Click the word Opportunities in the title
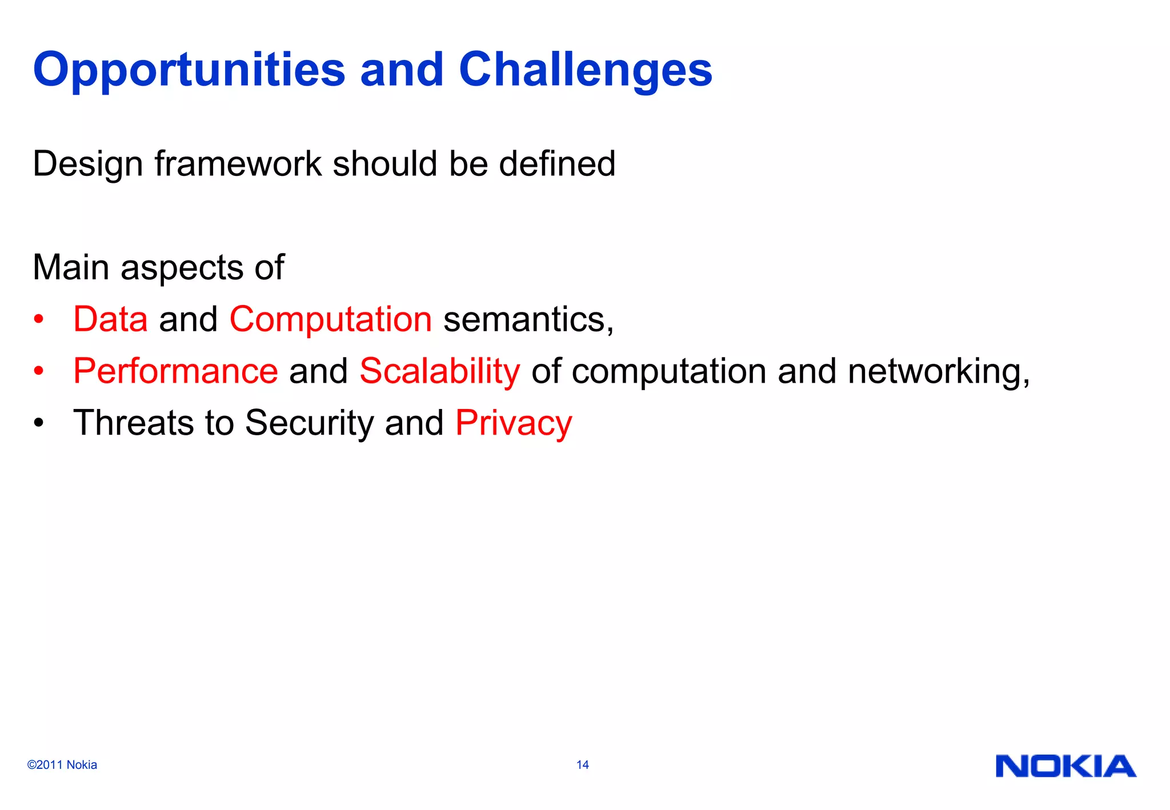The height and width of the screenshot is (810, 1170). click(x=189, y=70)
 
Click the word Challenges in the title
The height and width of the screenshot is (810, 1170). click(x=586, y=70)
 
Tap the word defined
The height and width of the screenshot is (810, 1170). click(x=557, y=164)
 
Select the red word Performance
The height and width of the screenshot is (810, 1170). click(x=175, y=371)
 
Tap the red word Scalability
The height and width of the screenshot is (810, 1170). click(x=439, y=371)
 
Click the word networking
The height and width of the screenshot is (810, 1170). click(x=938, y=371)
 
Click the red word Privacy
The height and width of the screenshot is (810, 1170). click(x=513, y=423)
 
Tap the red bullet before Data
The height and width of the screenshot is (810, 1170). click(x=38, y=319)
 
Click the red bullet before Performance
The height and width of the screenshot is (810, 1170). click(x=38, y=371)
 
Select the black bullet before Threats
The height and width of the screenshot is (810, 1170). click(x=38, y=423)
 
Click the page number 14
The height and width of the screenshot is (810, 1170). click(x=582, y=765)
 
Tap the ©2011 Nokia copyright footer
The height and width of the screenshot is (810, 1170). click(x=62, y=765)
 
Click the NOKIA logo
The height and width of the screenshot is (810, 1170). click(x=1065, y=767)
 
